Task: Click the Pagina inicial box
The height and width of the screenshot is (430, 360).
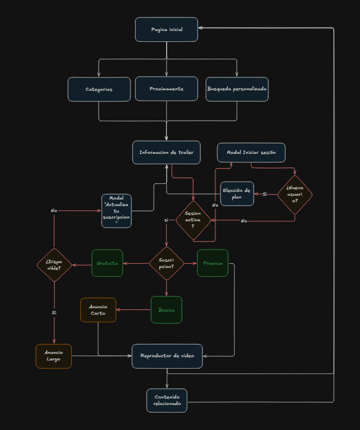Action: click(x=167, y=29)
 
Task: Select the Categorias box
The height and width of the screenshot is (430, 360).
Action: click(x=99, y=89)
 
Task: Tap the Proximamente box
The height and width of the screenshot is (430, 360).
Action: click(x=167, y=89)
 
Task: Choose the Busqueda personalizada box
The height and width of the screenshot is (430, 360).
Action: click(x=237, y=89)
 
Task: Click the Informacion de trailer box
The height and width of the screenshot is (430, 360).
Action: click(x=167, y=152)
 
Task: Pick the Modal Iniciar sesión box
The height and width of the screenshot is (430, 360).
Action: click(x=251, y=152)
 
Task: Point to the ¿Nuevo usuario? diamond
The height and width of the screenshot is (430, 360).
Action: click(x=295, y=194)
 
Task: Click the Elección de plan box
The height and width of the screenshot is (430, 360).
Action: click(x=237, y=194)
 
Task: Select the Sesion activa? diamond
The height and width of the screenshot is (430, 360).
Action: click(x=193, y=221)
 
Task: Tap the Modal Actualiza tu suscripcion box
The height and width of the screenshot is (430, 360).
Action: click(x=116, y=210)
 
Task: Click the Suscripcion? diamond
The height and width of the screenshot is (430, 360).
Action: click(x=167, y=263)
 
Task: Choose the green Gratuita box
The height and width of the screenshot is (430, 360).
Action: click(x=107, y=263)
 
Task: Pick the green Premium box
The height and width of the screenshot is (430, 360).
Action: click(x=213, y=263)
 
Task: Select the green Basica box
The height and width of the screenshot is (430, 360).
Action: click(x=166, y=310)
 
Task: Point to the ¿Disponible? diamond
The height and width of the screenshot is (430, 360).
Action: click(x=54, y=265)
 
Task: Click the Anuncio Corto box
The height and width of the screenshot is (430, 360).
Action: click(x=98, y=310)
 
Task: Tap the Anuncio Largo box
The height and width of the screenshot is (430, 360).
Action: click(x=54, y=356)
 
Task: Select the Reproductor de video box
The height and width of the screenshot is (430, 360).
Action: click(x=167, y=356)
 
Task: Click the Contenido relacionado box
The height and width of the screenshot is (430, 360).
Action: click(x=167, y=400)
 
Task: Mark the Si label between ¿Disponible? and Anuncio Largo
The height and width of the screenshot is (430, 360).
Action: click(x=54, y=313)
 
